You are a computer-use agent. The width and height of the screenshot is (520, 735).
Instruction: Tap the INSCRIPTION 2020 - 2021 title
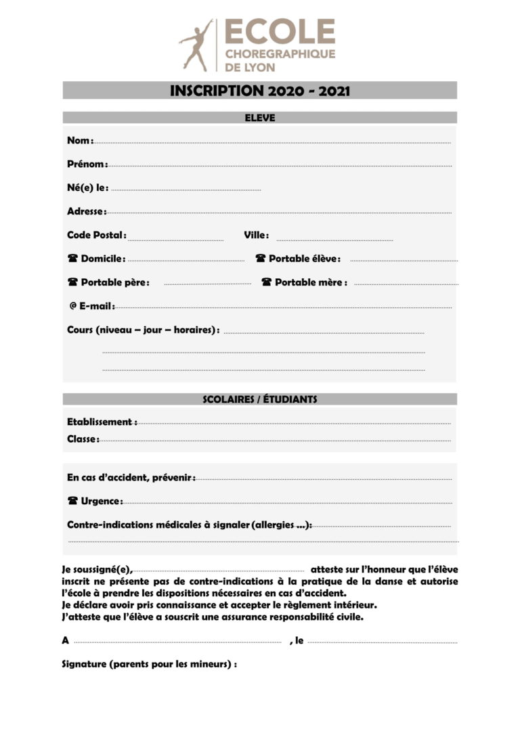tap(260, 91)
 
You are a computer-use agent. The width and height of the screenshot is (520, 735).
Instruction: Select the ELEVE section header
tap(260, 118)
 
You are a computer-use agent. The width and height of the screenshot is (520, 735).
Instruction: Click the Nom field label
tap(79, 141)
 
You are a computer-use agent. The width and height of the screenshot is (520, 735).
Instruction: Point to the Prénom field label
tap(87, 164)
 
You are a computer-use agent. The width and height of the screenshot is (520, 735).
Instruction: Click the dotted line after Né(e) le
tap(186, 190)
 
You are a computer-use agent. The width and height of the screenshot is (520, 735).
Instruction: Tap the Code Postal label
tap(96, 236)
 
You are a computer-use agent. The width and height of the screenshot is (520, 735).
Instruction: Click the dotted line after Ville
tap(334, 240)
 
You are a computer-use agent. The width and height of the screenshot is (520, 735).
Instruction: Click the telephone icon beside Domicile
tap(72, 259)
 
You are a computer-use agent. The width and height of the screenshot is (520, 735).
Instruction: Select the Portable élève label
tap(304, 259)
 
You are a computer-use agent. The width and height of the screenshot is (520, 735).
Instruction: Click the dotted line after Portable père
tap(208, 284)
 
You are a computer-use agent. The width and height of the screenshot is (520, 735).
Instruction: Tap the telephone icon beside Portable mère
tap(266, 282)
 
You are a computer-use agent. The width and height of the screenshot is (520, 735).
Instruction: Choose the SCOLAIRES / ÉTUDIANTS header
tap(260, 399)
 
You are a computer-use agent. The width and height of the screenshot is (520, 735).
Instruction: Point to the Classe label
tap(82, 439)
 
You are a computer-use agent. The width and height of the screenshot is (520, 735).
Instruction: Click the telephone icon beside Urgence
tap(72, 502)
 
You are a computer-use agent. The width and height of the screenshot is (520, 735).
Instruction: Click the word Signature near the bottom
tap(84, 664)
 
